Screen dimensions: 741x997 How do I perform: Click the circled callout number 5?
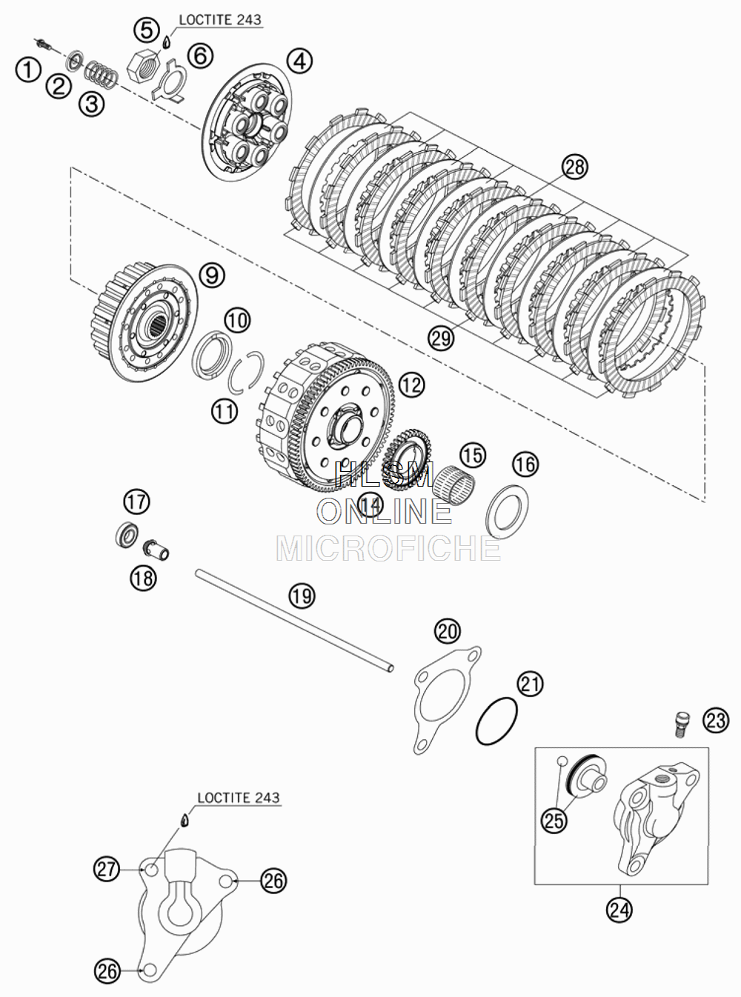pyautogui.click(x=147, y=30)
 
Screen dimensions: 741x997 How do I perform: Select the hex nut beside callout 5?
pyautogui.click(x=142, y=66)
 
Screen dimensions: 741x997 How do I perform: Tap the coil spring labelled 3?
pyautogui.click(x=102, y=74)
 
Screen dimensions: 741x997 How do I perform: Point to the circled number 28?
pyautogui.click(x=575, y=167)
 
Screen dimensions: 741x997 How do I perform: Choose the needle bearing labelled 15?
pyautogui.click(x=454, y=485)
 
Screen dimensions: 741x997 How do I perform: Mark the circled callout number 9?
pyautogui.click(x=212, y=275)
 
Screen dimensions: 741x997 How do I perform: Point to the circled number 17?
pyautogui.click(x=136, y=501)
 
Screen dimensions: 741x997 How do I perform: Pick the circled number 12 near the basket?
pyautogui.click(x=411, y=384)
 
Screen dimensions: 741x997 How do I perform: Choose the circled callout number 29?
pyautogui.click(x=441, y=338)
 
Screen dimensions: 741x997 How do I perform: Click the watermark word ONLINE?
pyautogui.click(x=385, y=512)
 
